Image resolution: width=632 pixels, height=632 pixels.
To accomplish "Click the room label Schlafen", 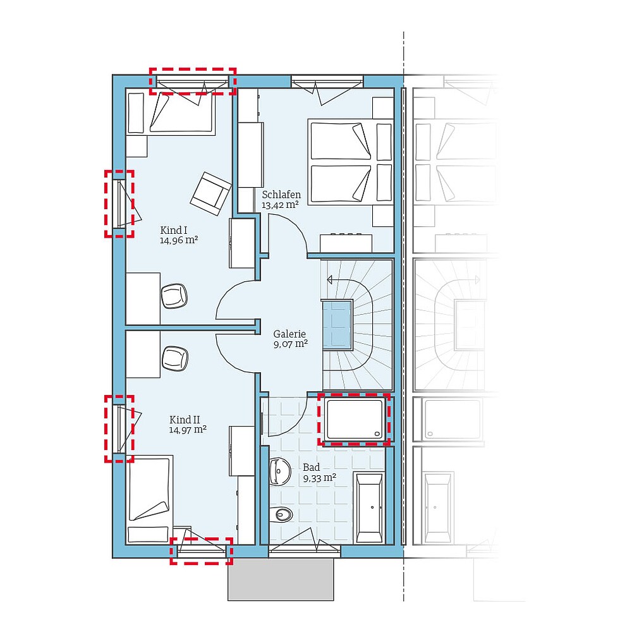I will [281, 195].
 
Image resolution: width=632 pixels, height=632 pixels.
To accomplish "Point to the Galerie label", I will [289, 334].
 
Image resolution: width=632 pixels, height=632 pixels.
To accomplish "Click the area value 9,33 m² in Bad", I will [320, 478].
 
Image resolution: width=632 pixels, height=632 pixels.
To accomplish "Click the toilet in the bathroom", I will [283, 515].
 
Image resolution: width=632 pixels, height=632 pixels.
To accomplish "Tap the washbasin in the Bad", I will [278, 471].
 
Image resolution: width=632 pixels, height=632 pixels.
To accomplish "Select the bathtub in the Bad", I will [368, 507].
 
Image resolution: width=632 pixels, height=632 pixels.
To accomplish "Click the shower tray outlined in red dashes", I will [353, 418].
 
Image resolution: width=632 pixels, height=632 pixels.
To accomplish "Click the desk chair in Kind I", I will [174, 296].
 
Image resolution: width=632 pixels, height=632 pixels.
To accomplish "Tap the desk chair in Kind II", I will [175, 358].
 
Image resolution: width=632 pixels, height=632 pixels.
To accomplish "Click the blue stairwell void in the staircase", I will [337, 325].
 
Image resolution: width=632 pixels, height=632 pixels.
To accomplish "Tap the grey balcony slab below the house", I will [281, 580].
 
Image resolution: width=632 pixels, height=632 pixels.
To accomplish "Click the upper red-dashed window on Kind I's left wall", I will [119, 204].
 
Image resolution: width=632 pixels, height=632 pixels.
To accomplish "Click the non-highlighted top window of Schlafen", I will [327, 82].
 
